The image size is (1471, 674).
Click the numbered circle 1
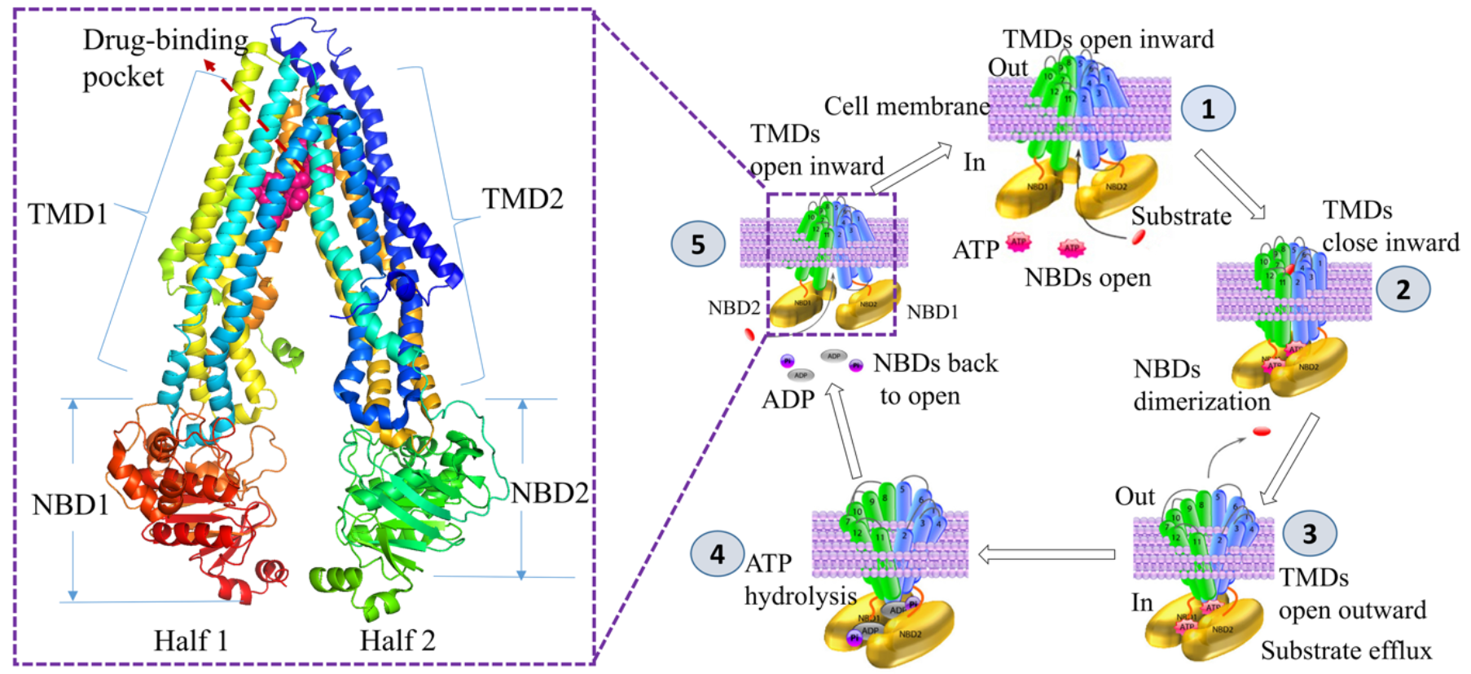point(1208,108)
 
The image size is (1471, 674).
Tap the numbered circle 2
point(1403,289)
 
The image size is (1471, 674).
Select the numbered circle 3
point(1309,534)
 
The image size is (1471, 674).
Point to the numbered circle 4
point(717,554)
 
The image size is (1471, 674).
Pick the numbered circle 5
point(698,244)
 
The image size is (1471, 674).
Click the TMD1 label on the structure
point(68,214)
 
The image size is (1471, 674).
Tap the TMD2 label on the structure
point(522,199)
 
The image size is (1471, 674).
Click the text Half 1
point(191,641)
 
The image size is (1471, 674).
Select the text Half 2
point(397,641)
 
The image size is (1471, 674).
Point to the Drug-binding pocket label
point(165,58)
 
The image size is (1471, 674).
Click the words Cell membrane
point(907,106)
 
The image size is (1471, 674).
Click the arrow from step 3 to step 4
point(1047,555)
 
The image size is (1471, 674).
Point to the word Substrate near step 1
point(1181,217)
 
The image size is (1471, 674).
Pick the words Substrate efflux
point(1346,650)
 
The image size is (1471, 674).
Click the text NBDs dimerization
point(1201,385)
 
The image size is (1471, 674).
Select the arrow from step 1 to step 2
point(1230,184)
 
